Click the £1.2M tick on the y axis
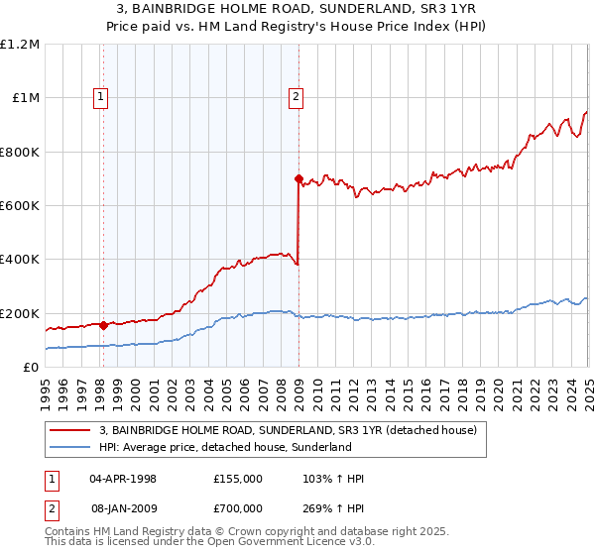point(20,45)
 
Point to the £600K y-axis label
point(20,206)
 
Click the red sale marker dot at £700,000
point(298,179)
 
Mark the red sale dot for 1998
point(103,325)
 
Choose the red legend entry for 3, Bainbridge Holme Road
point(289,430)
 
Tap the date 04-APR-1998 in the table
point(123,479)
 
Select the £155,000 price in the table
point(238,479)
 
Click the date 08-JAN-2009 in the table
point(123,509)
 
